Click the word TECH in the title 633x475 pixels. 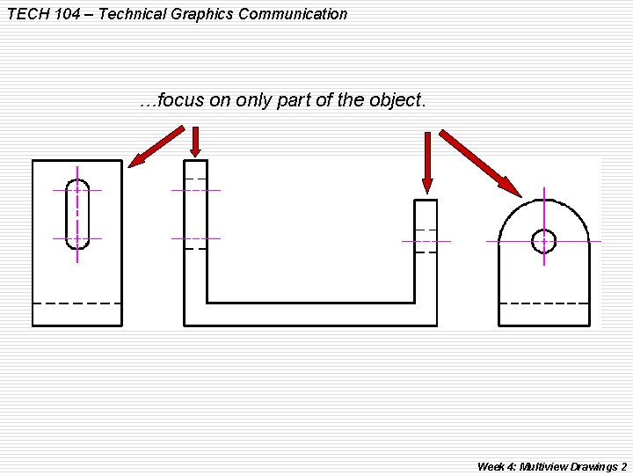click(25, 14)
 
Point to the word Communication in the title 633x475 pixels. click(294, 14)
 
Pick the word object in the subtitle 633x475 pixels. click(396, 100)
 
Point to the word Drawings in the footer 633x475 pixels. click(599, 466)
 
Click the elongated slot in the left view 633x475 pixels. click(77, 214)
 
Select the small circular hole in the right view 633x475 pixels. click(544, 240)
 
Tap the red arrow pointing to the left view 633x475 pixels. click(156, 145)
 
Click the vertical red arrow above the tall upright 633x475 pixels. click(195, 141)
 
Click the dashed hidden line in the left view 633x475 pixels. click(77, 303)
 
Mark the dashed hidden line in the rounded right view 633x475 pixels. click(543, 303)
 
